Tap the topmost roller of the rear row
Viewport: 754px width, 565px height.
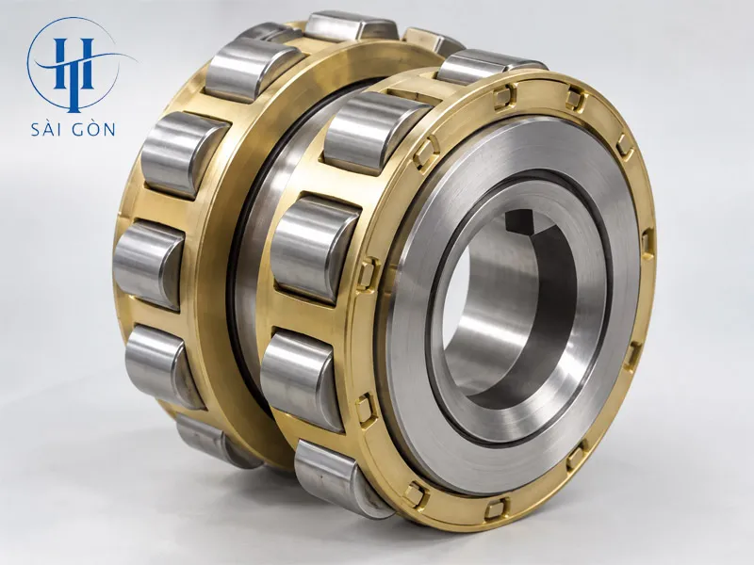[x=351, y=26]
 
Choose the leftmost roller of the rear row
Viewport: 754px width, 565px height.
[x=149, y=265]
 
